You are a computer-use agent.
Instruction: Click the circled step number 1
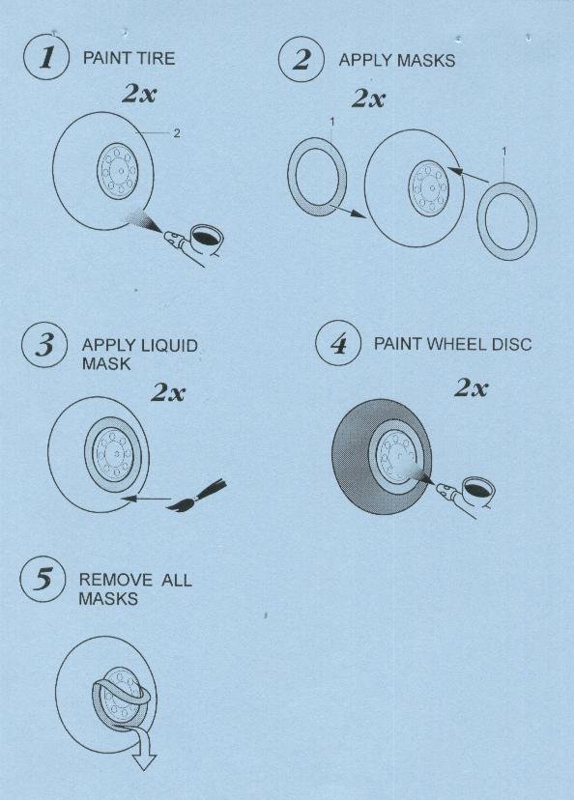tap(46, 57)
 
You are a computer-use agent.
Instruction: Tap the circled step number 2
tap(301, 59)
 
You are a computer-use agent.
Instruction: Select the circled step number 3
tap(44, 344)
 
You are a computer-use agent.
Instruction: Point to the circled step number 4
tap(338, 343)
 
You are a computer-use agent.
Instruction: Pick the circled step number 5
tap(43, 580)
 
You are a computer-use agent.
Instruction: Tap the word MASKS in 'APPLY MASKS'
tap(426, 60)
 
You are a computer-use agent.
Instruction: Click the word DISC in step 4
tap(512, 343)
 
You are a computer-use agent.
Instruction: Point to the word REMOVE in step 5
tap(115, 580)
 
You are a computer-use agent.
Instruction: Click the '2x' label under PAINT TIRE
tap(139, 94)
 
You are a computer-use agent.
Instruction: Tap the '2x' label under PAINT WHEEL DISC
tap(471, 388)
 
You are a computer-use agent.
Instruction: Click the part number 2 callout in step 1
tap(177, 133)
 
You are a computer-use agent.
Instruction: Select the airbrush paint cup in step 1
tap(207, 238)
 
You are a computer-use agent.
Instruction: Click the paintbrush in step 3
tap(197, 496)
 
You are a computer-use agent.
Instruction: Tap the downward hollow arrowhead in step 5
tap(144, 760)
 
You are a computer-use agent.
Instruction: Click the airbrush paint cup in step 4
tap(478, 490)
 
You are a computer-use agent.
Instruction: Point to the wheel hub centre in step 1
tap(121, 171)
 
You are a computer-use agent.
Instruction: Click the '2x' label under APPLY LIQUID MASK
tap(168, 392)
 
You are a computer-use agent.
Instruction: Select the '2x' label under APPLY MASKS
tap(368, 98)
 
